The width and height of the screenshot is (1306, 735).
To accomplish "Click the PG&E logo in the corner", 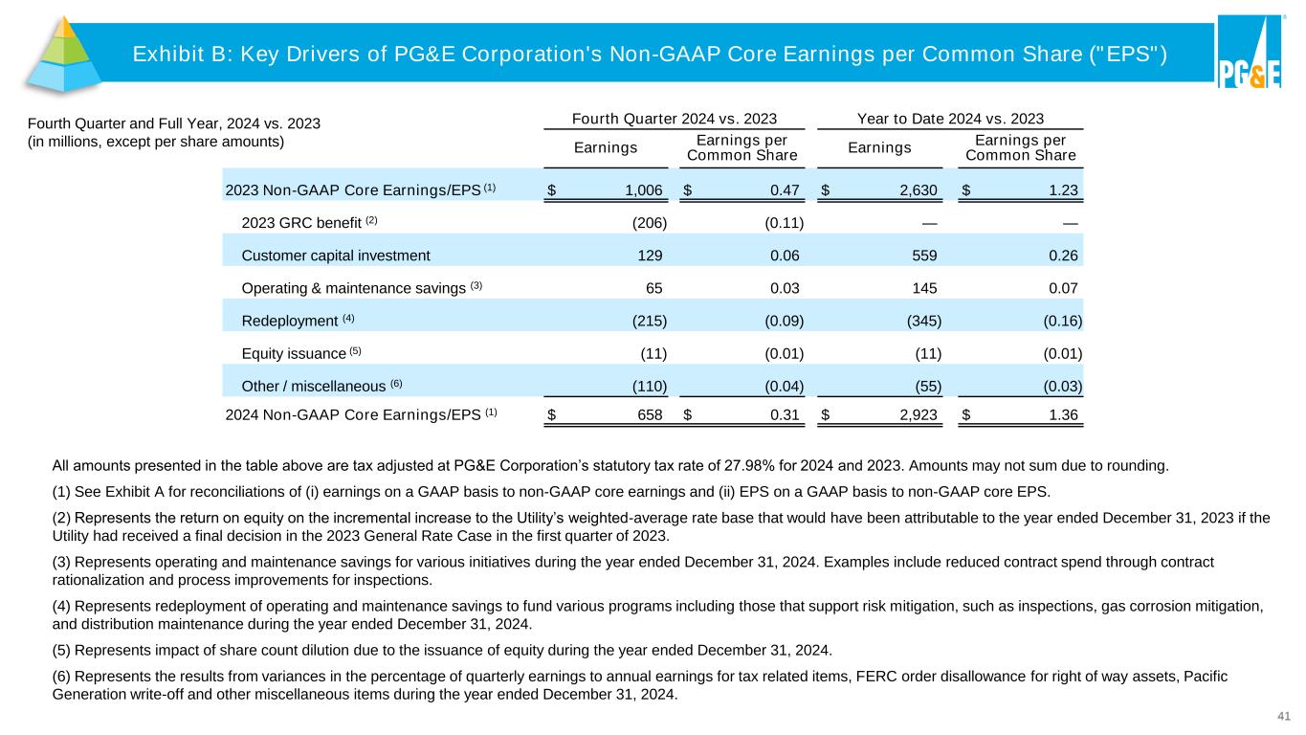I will (x=1250, y=53).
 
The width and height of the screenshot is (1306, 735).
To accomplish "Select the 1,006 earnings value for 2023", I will (x=644, y=189).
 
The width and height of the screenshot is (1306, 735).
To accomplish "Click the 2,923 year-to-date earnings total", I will (x=918, y=414).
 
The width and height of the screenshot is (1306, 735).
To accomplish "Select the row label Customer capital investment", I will (x=336, y=256).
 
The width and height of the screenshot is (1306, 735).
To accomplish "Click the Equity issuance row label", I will (x=293, y=353).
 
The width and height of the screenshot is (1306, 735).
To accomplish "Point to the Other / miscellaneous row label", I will (x=314, y=386).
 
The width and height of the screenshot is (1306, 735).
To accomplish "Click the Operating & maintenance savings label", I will (x=353, y=288).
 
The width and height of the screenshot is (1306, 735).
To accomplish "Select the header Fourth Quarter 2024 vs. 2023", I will (x=674, y=120).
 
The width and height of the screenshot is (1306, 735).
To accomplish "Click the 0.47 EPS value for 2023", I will (x=785, y=189).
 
